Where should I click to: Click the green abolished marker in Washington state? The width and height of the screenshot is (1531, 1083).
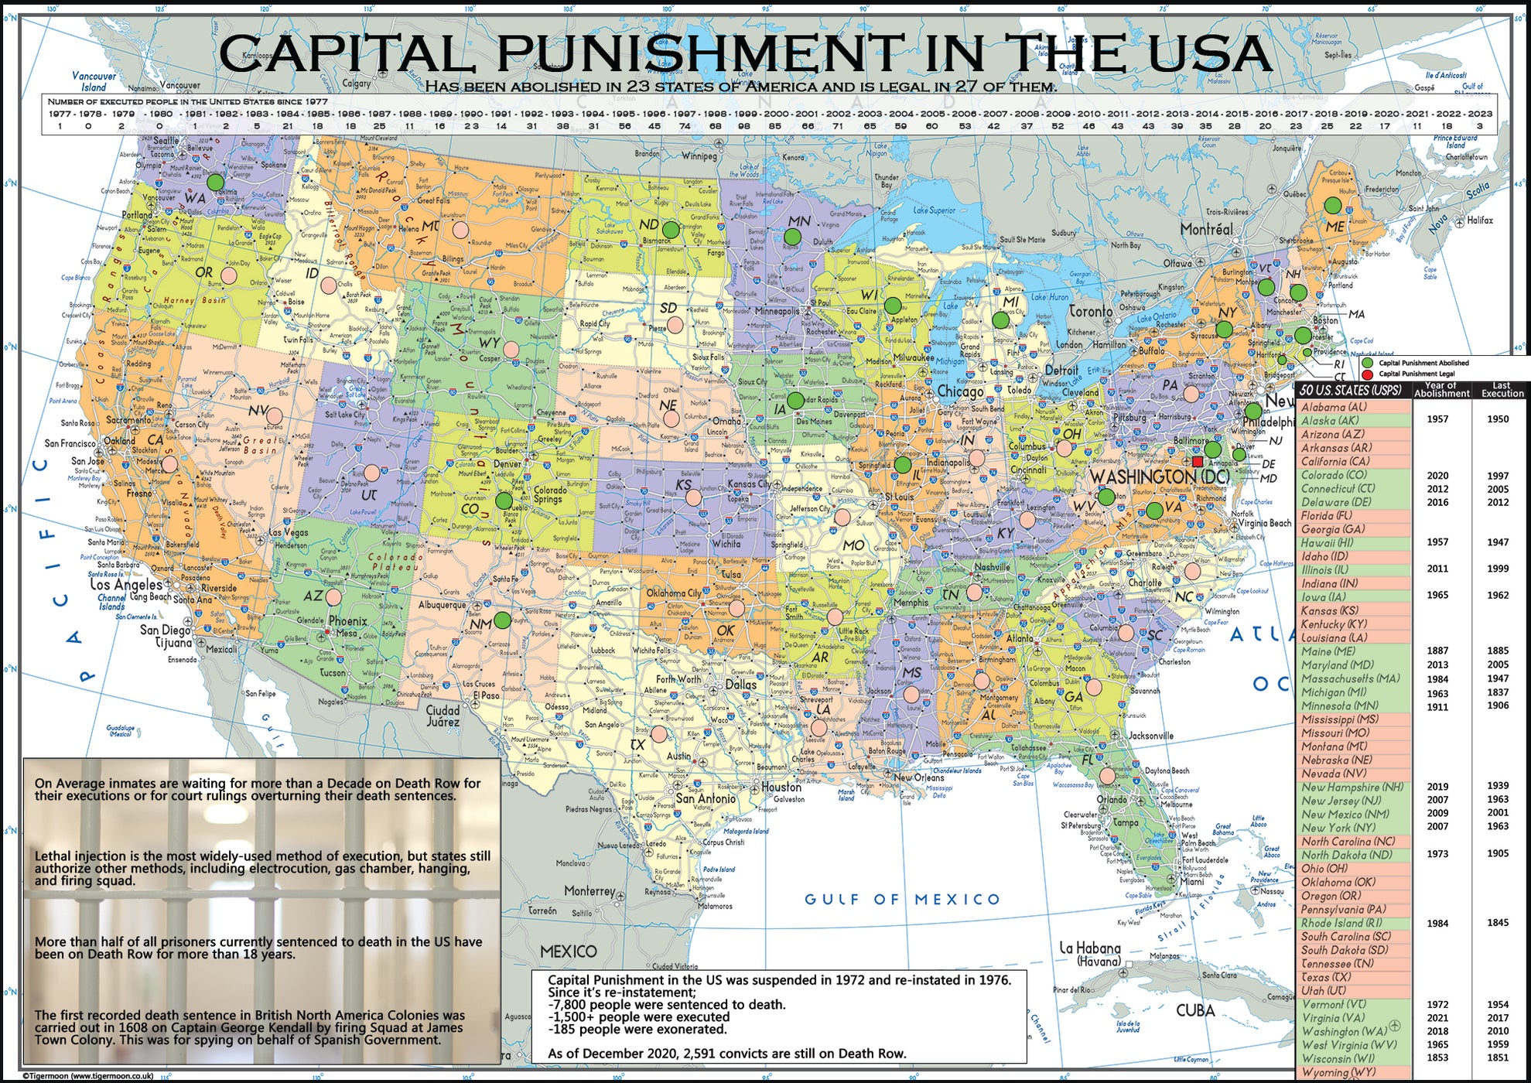click(215, 183)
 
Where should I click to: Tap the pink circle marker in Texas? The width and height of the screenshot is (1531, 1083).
click(658, 733)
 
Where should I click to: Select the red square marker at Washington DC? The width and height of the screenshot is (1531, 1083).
click(1198, 461)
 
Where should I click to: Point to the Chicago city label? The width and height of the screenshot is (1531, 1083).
click(960, 391)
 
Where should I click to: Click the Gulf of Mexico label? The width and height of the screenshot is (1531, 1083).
click(902, 899)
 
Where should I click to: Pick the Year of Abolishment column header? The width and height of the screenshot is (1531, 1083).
click(1441, 389)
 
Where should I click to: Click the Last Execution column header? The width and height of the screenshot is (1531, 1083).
click(1502, 389)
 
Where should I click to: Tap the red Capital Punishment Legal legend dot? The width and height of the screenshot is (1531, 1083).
click(1367, 374)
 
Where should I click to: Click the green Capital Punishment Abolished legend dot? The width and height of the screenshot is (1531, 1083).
click(1367, 363)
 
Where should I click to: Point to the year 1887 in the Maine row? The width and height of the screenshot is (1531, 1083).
click(1437, 651)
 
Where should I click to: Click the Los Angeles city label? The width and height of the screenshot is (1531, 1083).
click(126, 584)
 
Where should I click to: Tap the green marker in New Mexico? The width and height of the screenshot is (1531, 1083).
click(503, 620)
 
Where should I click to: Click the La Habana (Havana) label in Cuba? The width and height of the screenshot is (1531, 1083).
click(1089, 953)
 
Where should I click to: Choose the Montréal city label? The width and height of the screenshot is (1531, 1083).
click(1206, 229)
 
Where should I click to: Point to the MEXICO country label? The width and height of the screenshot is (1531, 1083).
click(569, 951)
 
